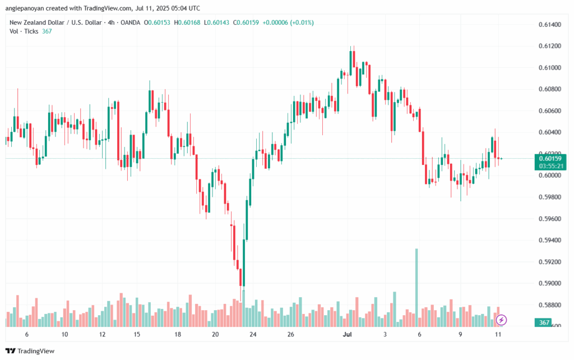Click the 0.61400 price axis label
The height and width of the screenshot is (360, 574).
pyautogui.click(x=549, y=25)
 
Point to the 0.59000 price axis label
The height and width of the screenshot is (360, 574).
pyautogui.click(x=549, y=284)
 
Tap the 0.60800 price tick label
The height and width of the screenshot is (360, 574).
pyautogui.click(x=549, y=89)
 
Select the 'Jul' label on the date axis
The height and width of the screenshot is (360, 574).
pyautogui.click(x=348, y=334)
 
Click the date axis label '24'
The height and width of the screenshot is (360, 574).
pyautogui.click(x=253, y=334)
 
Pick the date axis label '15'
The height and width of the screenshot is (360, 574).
pyautogui.click(x=137, y=334)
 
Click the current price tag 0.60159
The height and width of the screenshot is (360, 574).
pyautogui.click(x=550, y=159)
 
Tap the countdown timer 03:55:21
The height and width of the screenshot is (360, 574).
pyautogui.click(x=550, y=167)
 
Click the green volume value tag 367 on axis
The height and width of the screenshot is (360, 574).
pyautogui.click(x=543, y=322)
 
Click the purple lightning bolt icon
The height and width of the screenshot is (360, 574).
pyautogui.click(x=502, y=320)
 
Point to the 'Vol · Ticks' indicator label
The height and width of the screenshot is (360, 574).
pyautogui.click(x=24, y=31)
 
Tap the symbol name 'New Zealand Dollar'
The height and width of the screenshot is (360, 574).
pyautogui.click(x=34, y=22)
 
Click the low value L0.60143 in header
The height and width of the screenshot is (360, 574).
pyautogui.click(x=219, y=22)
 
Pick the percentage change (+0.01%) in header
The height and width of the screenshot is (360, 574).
pyautogui.click(x=299, y=22)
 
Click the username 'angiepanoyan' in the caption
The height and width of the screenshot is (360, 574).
pyautogui.click(x=27, y=8)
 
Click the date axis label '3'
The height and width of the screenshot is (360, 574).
pyautogui.click(x=385, y=334)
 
